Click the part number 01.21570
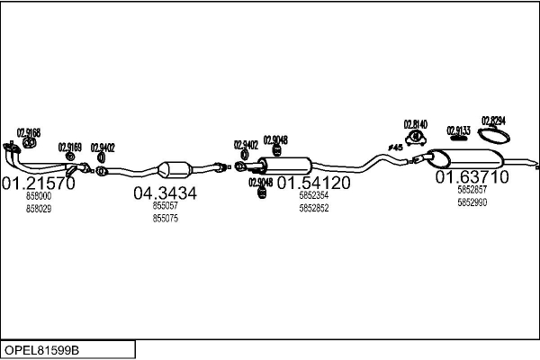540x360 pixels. click(38, 184)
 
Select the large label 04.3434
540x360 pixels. click(165, 193)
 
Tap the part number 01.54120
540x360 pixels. click(313, 183)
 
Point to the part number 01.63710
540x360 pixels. click(472, 177)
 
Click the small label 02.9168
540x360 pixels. click(29, 132)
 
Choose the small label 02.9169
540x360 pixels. click(70, 147)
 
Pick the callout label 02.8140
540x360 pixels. click(415, 124)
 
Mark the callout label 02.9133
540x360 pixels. click(458, 130)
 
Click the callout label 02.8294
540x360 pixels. click(493, 120)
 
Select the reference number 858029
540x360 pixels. click(39, 208)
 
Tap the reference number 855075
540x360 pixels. click(165, 218)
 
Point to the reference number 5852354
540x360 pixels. click(313, 195)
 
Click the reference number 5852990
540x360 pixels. click(472, 202)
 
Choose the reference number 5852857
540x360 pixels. click(472, 190)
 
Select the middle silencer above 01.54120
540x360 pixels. click(285, 166)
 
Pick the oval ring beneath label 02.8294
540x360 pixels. click(493, 136)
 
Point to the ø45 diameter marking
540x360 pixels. click(394, 147)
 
